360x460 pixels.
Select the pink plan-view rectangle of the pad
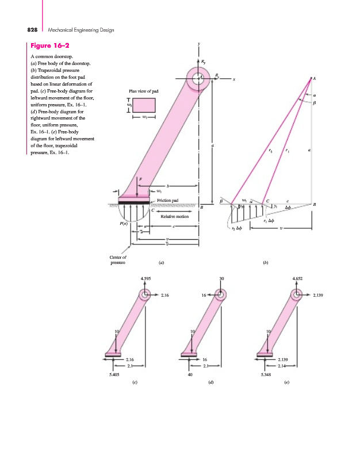tap(144, 105)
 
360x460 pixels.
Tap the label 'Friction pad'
tap(167, 200)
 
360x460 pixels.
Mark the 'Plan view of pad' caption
tap(144, 90)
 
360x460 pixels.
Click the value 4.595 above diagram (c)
tap(145, 278)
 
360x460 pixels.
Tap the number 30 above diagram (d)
tap(221, 278)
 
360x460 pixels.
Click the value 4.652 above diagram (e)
tap(298, 278)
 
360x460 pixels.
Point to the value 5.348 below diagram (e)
tap(266, 374)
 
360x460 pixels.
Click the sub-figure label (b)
tap(266, 262)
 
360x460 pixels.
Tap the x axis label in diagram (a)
tap(234, 79)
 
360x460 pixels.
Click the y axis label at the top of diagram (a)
tap(198, 43)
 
